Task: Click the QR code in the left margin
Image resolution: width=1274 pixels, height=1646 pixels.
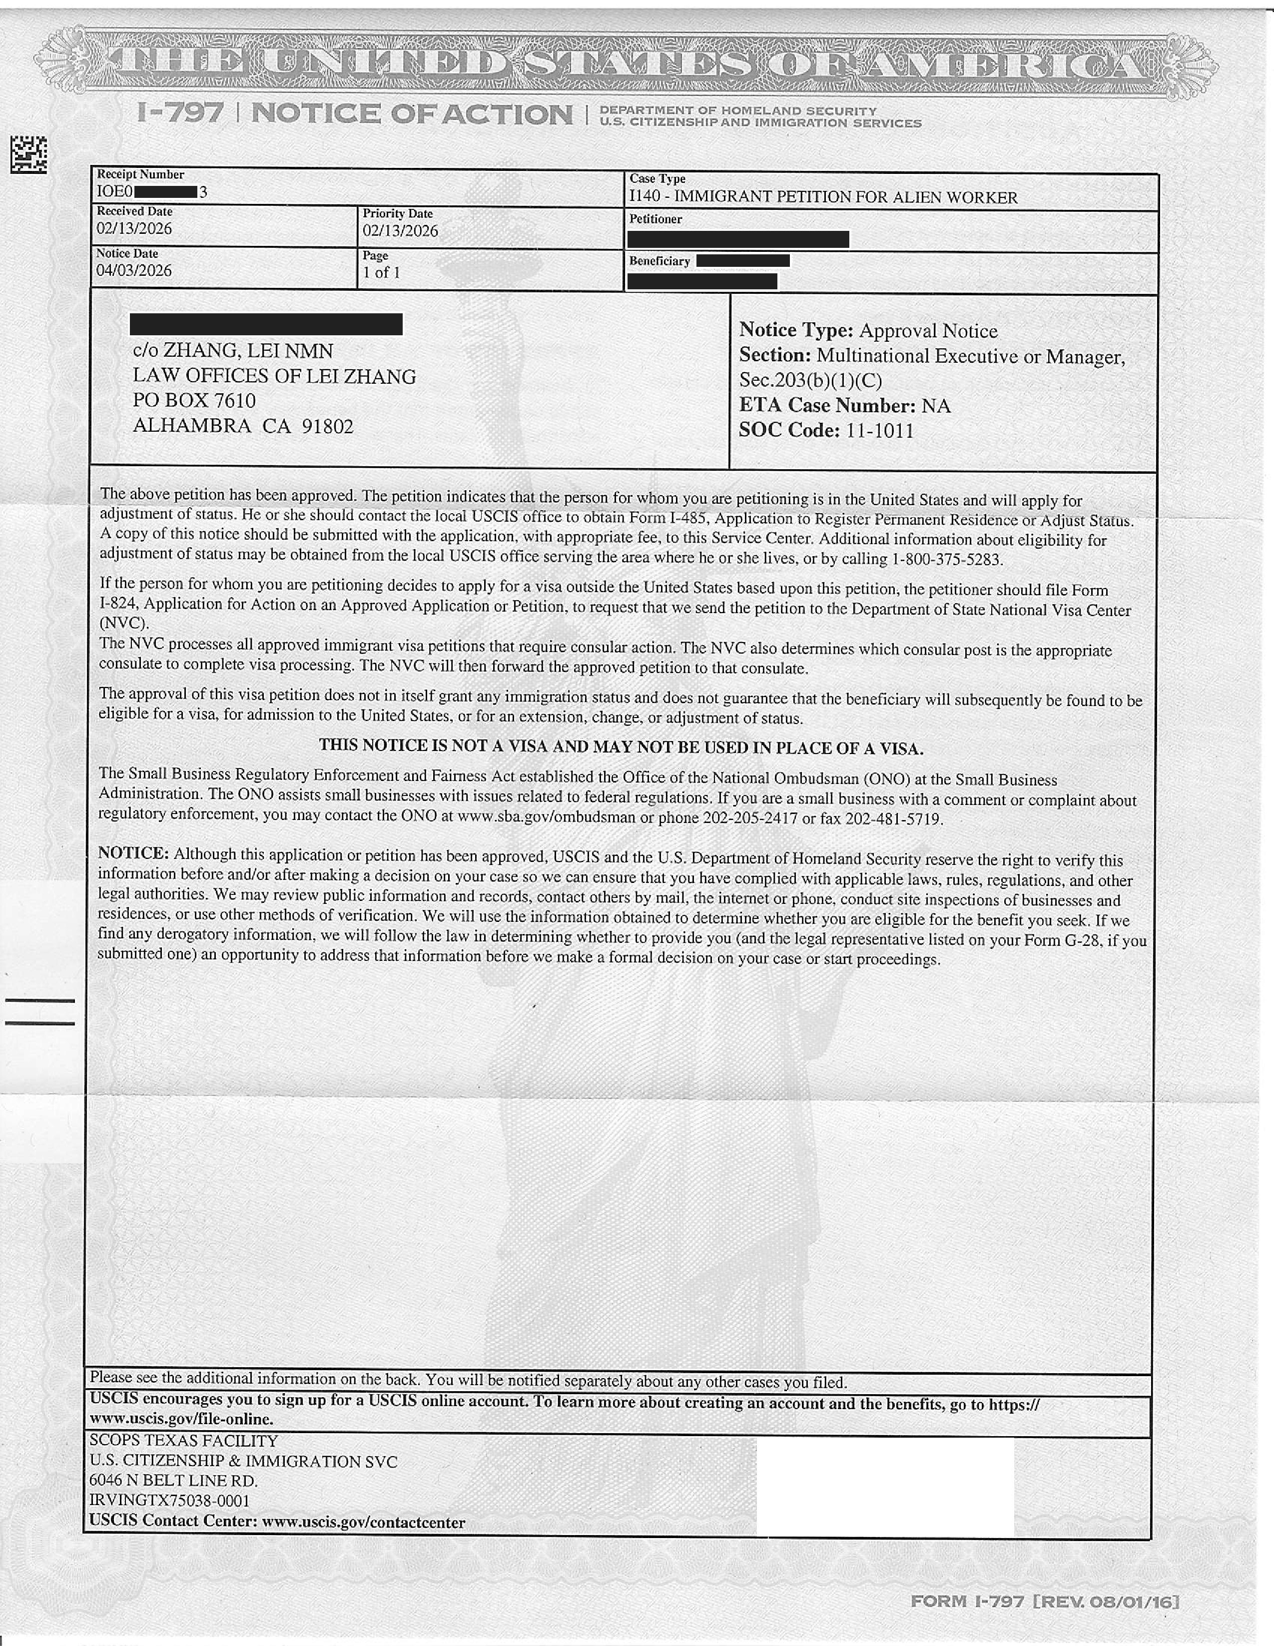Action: (x=28, y=154)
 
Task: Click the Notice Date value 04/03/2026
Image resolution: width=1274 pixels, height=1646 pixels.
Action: (x=134, y=270)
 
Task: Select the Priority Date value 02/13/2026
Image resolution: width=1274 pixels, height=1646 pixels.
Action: (x=400, y=231)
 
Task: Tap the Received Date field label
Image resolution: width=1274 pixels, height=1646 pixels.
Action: (x=134, y=212)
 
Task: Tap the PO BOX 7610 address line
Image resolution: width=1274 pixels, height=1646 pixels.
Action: (x=194, y=400)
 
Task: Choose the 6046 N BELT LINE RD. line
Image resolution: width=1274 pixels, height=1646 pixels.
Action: (x=173, y=1481)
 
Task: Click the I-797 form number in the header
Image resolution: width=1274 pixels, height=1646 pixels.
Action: (x=181, y=114)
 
